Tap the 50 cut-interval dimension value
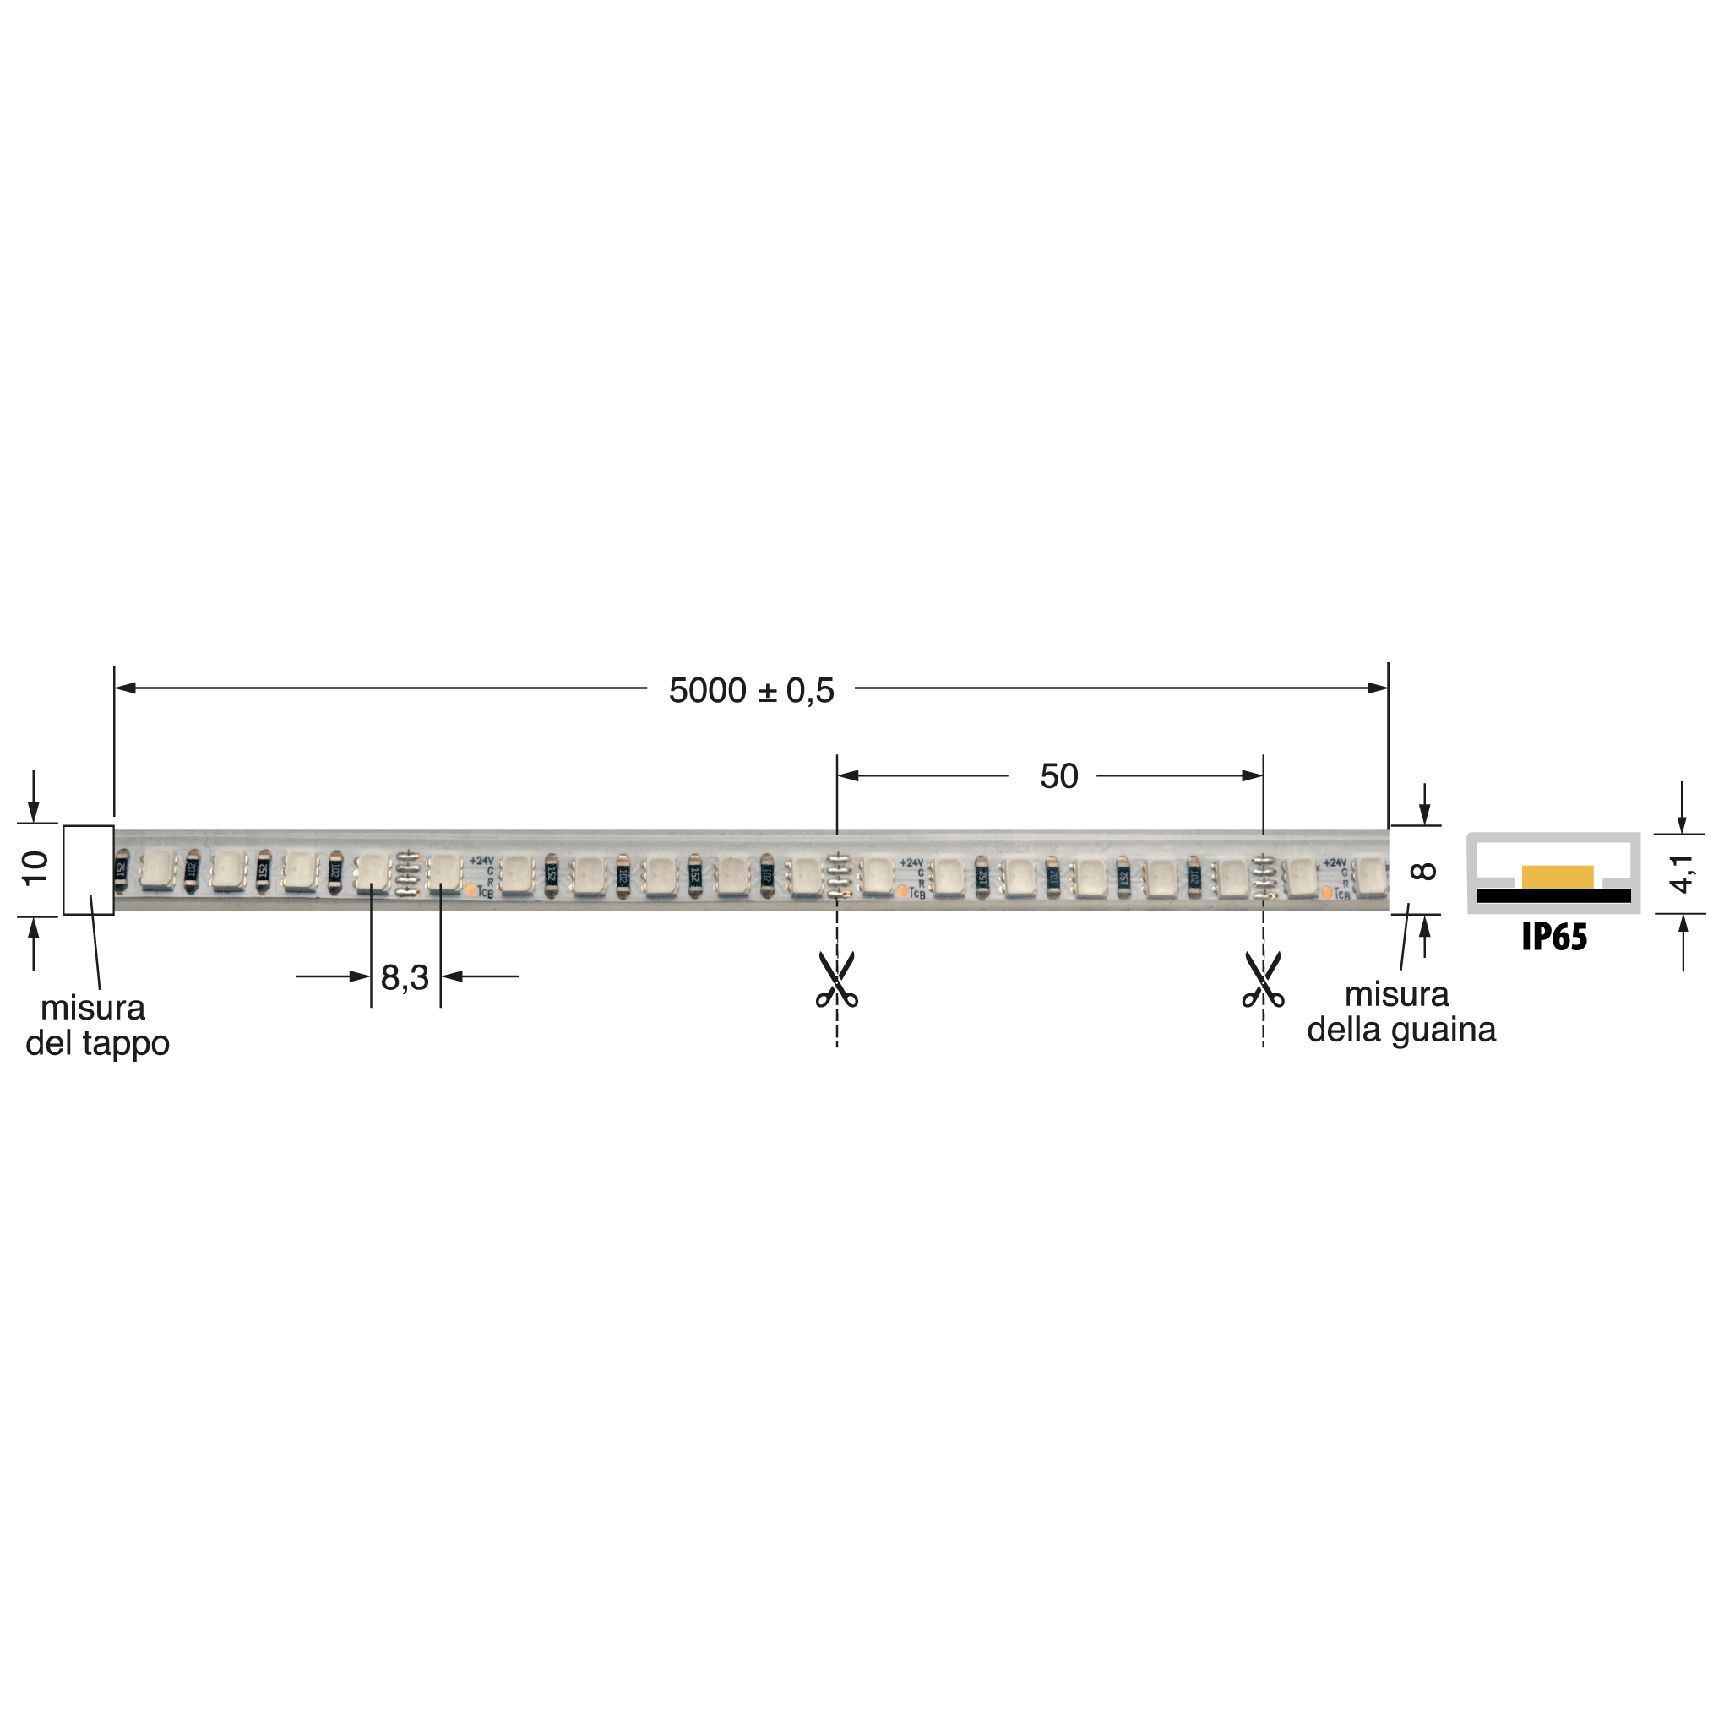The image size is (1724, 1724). tap(1058, 776)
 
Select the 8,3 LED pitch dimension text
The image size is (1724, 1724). tap(405, 978)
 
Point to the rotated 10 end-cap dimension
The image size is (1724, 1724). tap(35, 868)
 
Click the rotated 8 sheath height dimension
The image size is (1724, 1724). tap(1424, 870)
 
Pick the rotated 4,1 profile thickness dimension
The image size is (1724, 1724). tap(1681, 873)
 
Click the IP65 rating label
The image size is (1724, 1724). tap(1553, 937)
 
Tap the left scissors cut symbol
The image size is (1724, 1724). tap(836, 980)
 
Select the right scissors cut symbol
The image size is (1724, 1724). tap(1263, 980)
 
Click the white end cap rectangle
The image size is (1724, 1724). tap(89, 870)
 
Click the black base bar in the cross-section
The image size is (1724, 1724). tap(1553, 896)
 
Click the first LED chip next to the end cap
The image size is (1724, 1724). tap(157, 870)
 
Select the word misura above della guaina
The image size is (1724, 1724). tap(1396, 994)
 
